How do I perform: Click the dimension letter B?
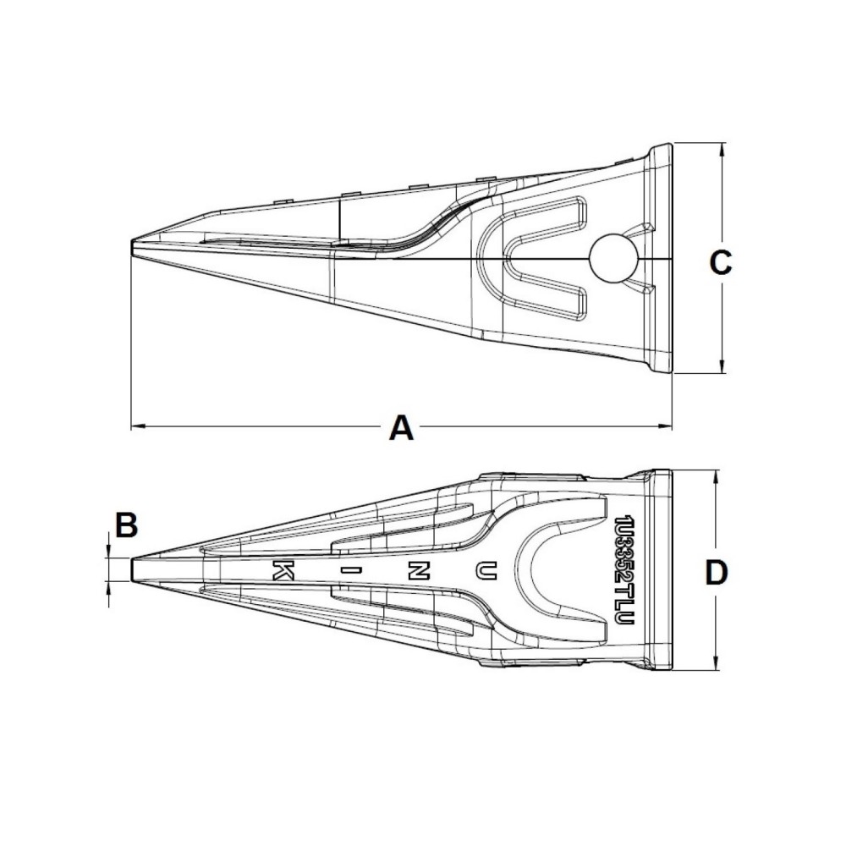(x=126, y=525)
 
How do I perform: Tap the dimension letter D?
(x=716, y=574)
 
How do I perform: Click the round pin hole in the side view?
(x=612, y=258)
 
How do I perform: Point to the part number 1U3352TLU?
(x=627, y=570)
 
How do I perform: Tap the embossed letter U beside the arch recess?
(x=484, y=571)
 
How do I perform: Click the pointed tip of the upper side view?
(x=133, y=245)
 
